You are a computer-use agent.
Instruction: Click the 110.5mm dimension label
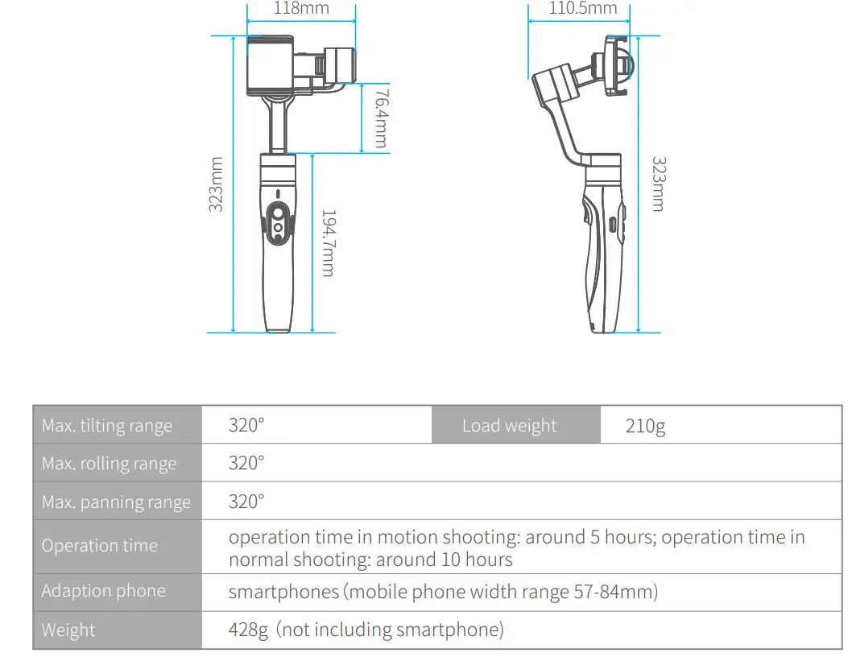[583, 9]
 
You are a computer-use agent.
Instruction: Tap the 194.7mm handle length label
[328, 243]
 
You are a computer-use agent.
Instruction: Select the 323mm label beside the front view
[216, 184]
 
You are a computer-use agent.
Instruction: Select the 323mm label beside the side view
[658, 184]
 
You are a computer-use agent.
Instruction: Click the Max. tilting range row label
[107, 426]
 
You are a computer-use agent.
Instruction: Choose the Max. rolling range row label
[109, 464]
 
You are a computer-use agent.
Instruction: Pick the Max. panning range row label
[116, 502]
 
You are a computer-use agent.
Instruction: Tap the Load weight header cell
[509, 426]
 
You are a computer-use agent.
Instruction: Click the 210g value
[646, 427]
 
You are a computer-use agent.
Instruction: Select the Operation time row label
[100, 546]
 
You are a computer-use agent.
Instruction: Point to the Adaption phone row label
[103, 591]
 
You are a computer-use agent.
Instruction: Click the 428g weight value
[248, 630]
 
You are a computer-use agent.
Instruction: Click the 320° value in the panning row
[246, 502]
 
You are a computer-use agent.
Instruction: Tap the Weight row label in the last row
[68, 630]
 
